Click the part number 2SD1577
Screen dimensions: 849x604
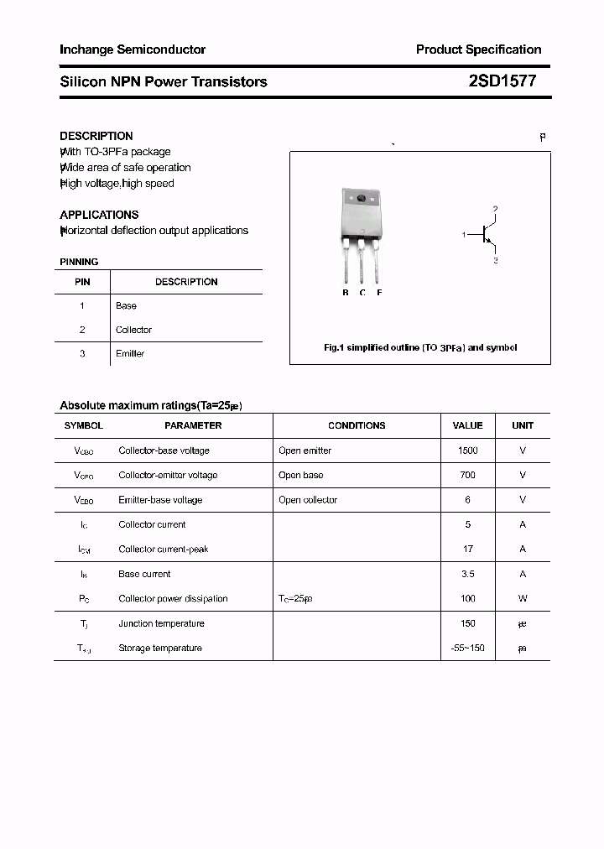point(502,81)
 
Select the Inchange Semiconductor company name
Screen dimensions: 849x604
point(133,49)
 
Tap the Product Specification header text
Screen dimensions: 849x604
point(478,49)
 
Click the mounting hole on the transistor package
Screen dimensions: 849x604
point(362,199)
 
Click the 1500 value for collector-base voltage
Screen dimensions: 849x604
point(467,451)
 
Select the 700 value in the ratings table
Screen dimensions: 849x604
point(467,475)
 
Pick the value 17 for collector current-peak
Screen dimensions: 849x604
point(467,549)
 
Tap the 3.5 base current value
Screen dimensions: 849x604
point(467,574)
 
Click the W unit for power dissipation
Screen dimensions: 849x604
point(523,598)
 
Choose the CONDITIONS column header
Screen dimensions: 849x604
point(357,425)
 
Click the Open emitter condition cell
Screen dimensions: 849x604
point(305,451)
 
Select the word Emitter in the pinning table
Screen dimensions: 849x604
point(130,353)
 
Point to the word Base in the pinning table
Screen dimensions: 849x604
point(126,305)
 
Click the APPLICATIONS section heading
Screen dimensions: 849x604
point(99,215)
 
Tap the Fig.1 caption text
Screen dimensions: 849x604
point(420,347)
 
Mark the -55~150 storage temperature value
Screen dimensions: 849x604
point(467,648)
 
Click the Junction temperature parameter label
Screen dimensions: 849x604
point(161,623)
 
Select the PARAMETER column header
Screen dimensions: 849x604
point(193,425)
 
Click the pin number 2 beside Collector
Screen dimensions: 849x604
point(82,330)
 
